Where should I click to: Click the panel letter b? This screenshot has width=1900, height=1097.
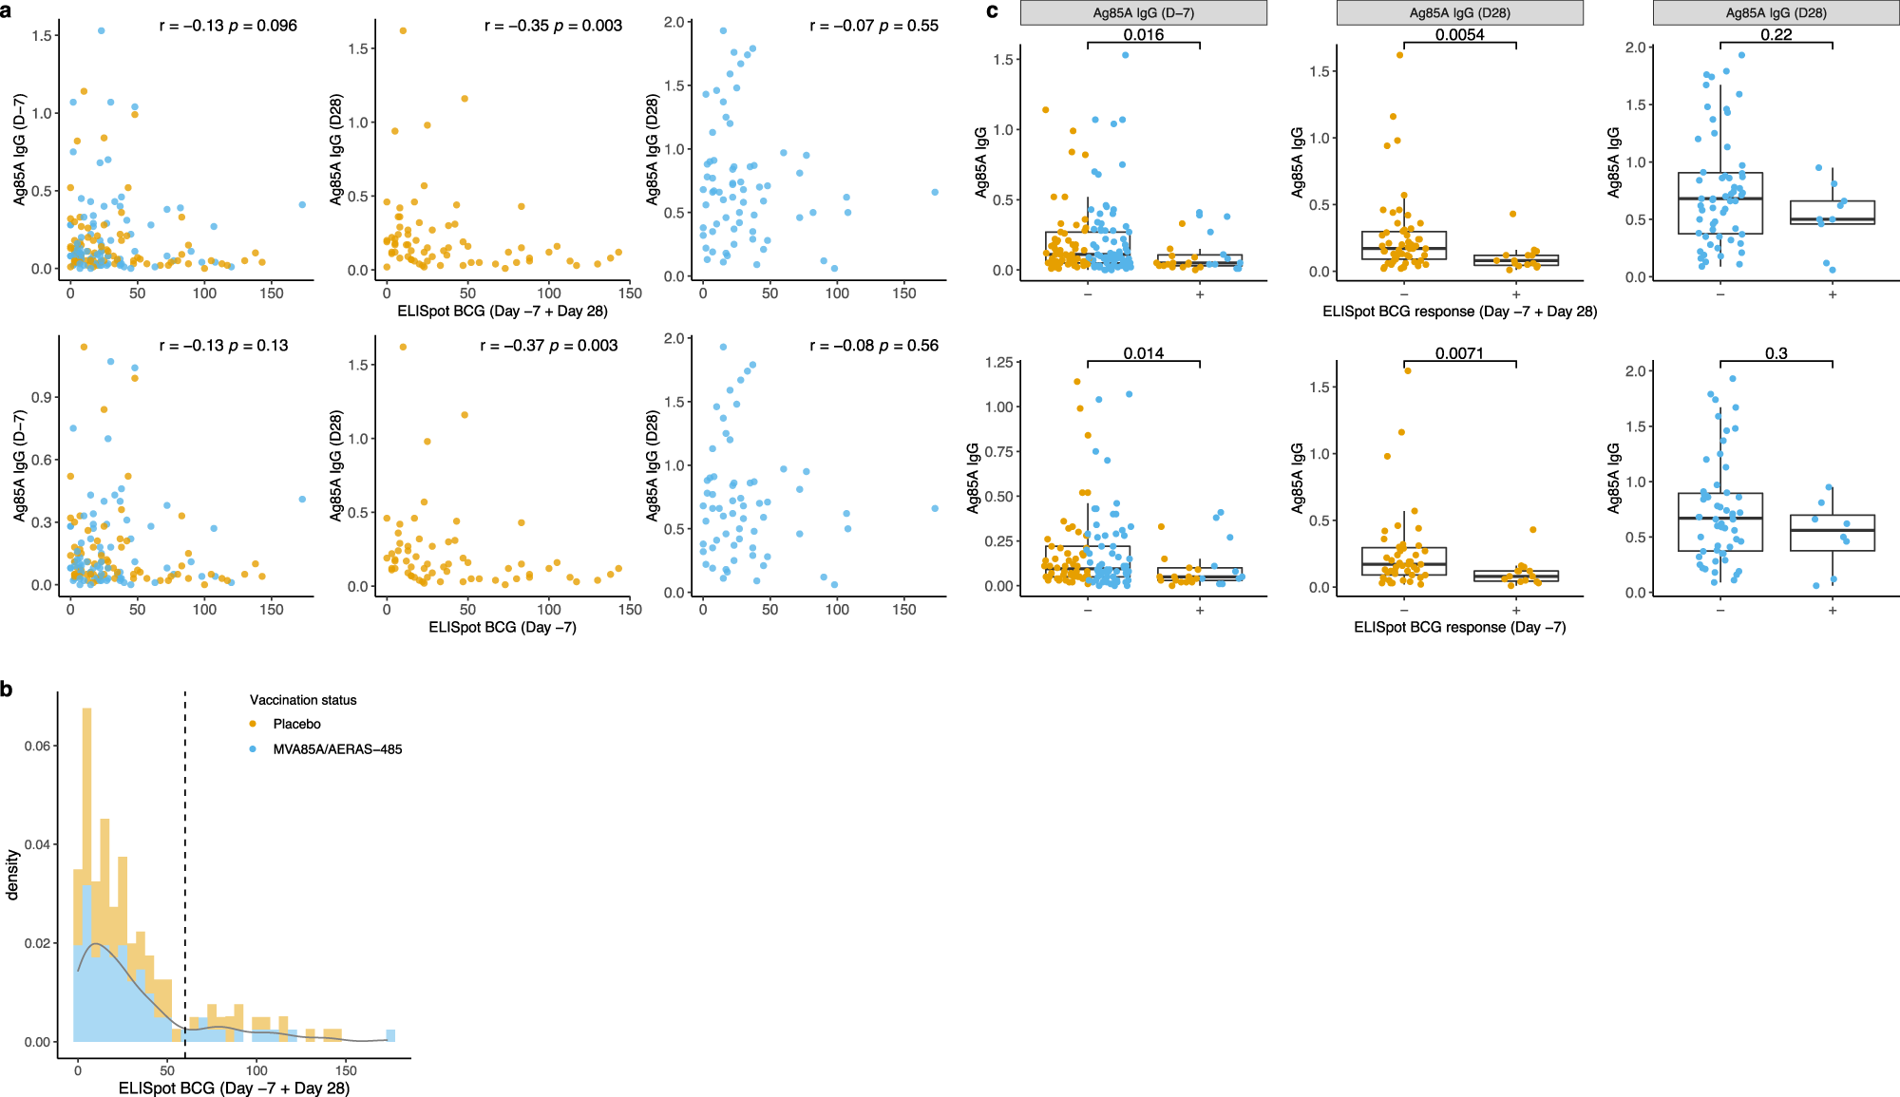pos(7,690)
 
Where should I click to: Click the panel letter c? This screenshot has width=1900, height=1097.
pos(993,11)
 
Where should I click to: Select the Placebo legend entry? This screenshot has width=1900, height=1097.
pos(296,724)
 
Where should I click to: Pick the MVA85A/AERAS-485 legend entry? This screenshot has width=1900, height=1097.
pos(337,749)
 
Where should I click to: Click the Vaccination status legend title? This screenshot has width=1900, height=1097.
pos(303,700)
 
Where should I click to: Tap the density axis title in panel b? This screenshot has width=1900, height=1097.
pos(12,874)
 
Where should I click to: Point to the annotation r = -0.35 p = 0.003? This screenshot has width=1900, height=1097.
pos(553,26)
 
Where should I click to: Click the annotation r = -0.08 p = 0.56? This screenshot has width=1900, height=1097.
pos(873,346)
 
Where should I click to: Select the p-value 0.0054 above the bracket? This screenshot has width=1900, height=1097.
pos(1459,34)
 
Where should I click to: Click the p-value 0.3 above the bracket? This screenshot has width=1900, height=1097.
pos(1776,353)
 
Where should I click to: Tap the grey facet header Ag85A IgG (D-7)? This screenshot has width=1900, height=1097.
pos(1143,12)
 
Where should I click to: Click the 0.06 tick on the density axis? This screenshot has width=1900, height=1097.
pos(38,746)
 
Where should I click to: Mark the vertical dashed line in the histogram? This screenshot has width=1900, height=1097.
pos(185,874)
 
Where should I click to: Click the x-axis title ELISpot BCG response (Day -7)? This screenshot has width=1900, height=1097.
pos(1459,627)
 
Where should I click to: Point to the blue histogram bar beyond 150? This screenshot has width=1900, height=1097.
pos(390,1035)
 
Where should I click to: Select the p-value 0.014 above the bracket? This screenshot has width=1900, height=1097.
pos(1143,353)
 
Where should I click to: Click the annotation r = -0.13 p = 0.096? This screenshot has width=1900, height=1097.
pos(228,26)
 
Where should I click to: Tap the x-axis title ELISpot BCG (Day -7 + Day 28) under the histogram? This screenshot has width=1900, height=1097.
pos(234,1088)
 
